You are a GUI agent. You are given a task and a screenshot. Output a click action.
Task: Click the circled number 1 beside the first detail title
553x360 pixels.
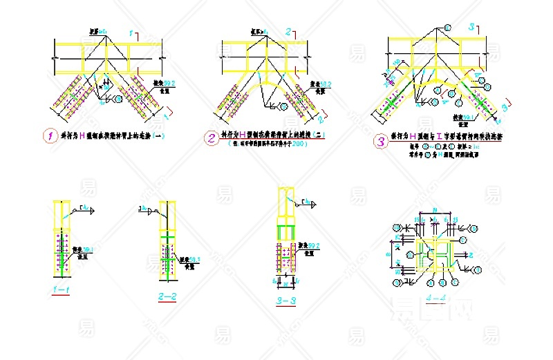tap(50, 136)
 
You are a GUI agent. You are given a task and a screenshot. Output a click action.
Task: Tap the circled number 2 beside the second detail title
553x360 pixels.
tap(211, 138)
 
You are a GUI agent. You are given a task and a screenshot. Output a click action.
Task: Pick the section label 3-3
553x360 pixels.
tap(286, 301)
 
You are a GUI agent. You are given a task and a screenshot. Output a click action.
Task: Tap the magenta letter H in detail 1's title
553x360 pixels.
tap(82, 136)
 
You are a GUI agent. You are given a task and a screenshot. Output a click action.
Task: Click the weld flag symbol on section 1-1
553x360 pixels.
tap(86, 208)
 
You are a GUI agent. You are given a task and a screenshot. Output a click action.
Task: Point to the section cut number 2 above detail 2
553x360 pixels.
tap(287, 32)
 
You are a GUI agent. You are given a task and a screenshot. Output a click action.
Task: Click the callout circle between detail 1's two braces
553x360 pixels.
tap(118, 100)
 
